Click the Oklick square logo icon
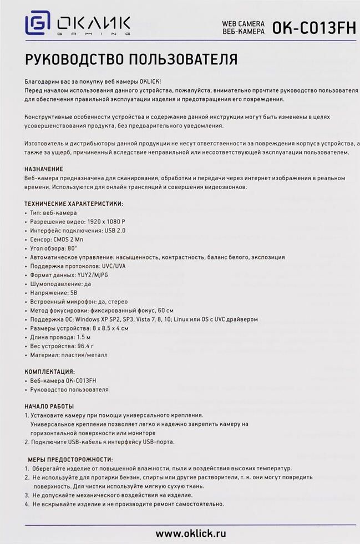38,25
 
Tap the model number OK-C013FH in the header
313,29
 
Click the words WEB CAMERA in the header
243,24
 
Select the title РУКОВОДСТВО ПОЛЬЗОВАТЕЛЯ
131,59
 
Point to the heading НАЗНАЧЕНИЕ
44,169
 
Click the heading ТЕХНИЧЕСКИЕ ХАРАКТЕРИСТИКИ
74,204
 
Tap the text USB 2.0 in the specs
114,230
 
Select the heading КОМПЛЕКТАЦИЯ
49,372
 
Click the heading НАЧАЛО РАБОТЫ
49,406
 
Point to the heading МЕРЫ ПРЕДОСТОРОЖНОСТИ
70,460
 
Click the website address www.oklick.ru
191,533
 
